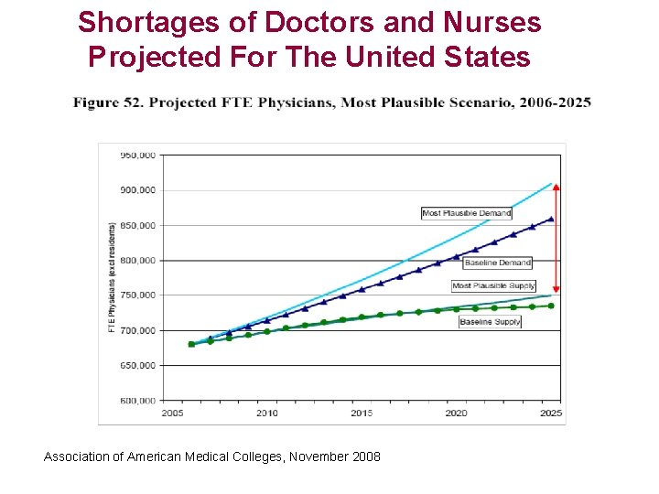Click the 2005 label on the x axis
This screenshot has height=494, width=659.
[x=172, y=413]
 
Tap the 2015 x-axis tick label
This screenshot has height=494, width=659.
[x=362, y=413]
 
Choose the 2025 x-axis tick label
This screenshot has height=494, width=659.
[x=551, y=413]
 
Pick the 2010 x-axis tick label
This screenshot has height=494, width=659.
[x=266, y=413]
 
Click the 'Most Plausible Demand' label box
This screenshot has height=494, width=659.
[x=466, y=213]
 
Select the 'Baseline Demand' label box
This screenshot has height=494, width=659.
[x=497, y=263]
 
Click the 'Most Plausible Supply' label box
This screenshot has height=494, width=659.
[x=493, y=286]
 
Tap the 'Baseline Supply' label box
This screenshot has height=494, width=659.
[x=490, y=322]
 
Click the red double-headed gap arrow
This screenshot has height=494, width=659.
[x=556, y=238]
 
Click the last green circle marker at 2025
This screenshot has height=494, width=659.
[x=551, y=306]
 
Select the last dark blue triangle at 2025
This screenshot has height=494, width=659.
[x=551, y=219]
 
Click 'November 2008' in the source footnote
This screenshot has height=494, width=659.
[x=335, y=456]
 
